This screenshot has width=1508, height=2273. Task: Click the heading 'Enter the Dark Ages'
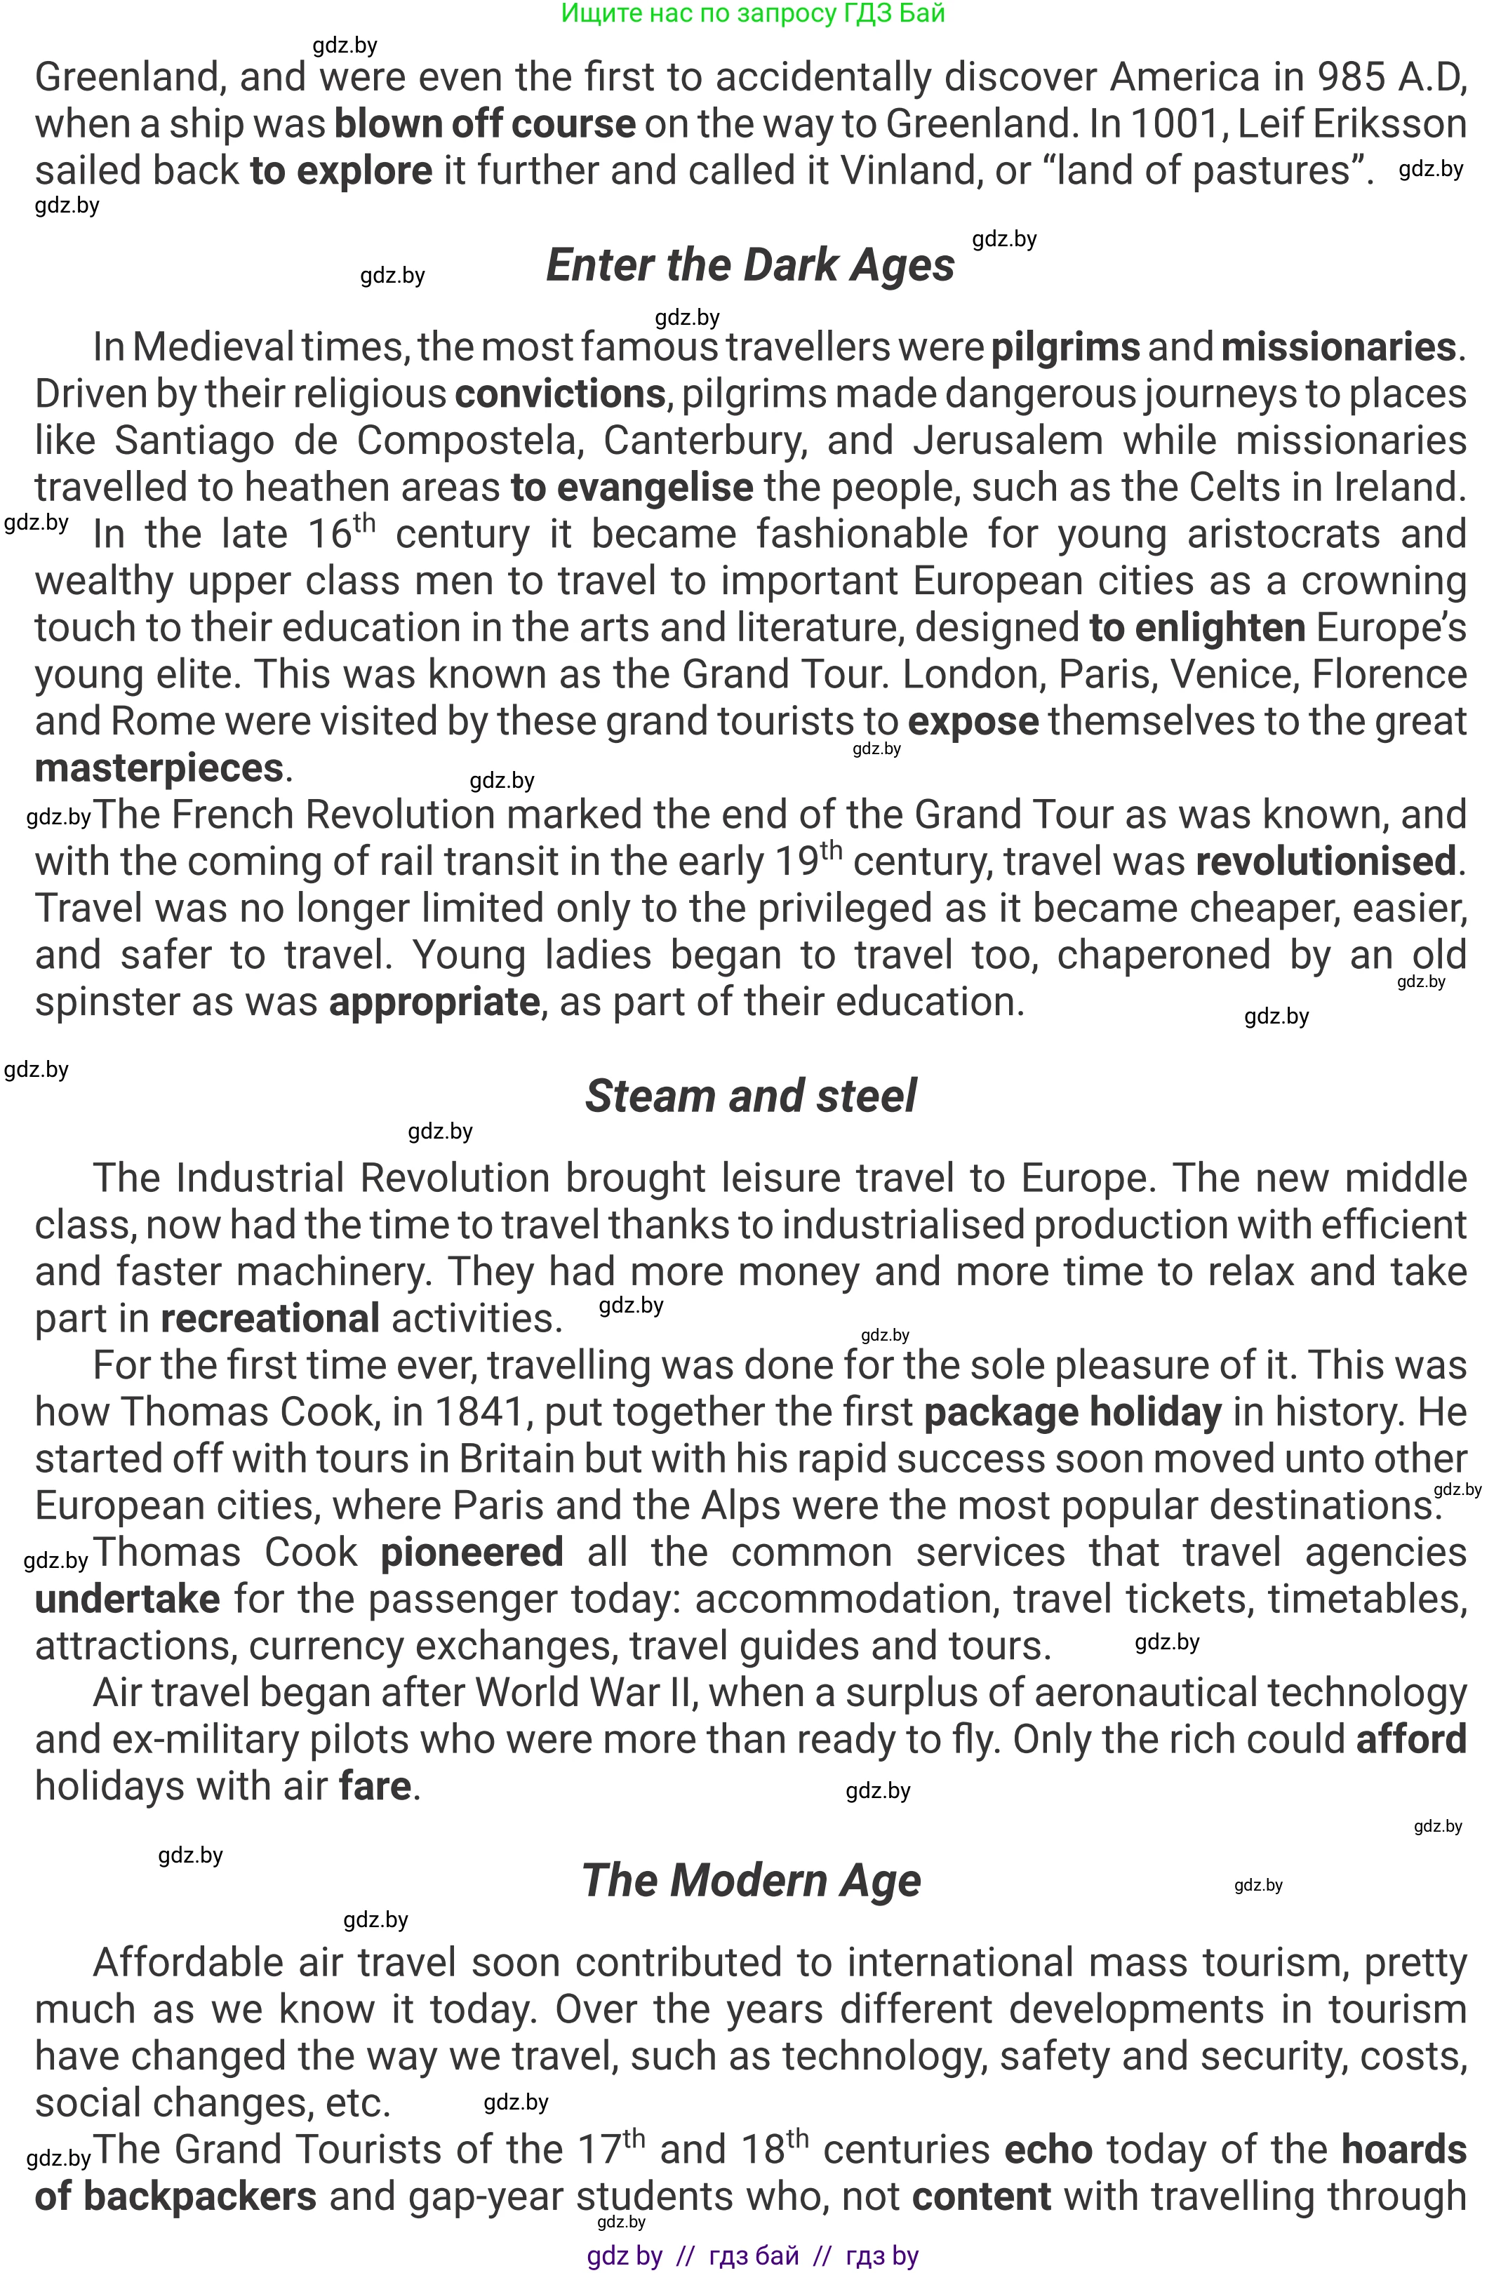[x=750, y=265]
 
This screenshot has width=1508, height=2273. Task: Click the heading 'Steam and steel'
[x=751, y=1096]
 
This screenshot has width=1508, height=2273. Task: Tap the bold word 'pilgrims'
[x=1065, y=347]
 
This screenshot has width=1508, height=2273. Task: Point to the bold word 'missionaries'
[x=1337, y=347]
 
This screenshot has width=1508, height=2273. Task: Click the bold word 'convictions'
[x=560, y=394]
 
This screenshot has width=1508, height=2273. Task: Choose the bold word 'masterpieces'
[x=159, y=768]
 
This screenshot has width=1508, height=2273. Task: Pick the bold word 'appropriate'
[x=434, y=1003]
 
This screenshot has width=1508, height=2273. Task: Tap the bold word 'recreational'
[x=269, y=1318]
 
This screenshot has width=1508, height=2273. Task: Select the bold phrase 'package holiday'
[x=1072, y=1412]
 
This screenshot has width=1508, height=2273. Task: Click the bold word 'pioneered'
[x=472, y=1553]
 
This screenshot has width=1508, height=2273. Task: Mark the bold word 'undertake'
[x=128, y=1599]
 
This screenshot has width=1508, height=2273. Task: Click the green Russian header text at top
[x=753, y=13]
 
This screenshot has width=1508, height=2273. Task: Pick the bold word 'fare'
[x=375, y=1786]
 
